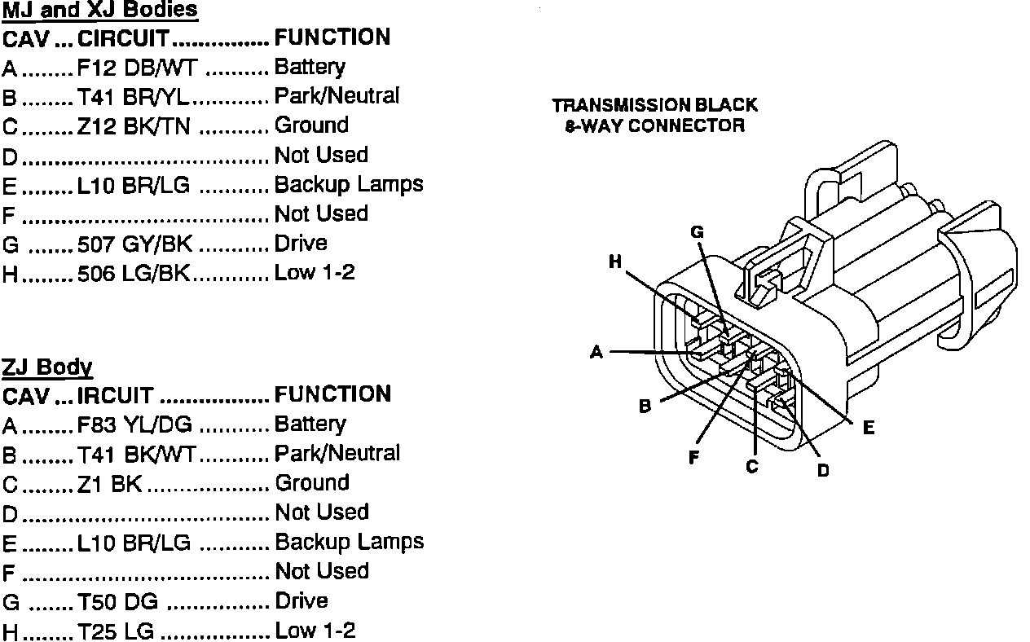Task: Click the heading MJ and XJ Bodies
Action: pyautogui.click(x=100, y=11)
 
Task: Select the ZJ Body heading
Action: pyautogui.click(x=47, y=367)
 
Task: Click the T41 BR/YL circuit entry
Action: pyautogui.click(x=133, y=97)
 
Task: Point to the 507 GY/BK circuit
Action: pyautogui.click(x=134, y=244)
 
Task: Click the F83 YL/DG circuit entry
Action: pyautogui.click(x=135, y=424)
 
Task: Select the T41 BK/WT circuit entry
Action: pyautogui.click(x=136, y=454)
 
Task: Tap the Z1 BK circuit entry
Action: pyautogui.click(x=109, y=484)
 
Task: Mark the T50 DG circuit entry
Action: pyautogui.click(x=117, y=602)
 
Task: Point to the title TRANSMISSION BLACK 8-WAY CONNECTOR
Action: pyautogui.click(x=654, y=116)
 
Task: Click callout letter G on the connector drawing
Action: pyautogui.click(x=697, y=232)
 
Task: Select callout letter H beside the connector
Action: pyautogui.click(x=615, y=262)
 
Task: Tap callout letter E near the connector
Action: pyautogui.click(x=869, y=427)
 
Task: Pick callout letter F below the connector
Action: pyautogui.click(x=693, y=458)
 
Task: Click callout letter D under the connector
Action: pyautogui.click(x=823, y=470)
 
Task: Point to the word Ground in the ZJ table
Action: pyautogui.click(x=312, y=483)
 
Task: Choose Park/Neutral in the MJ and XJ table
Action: pyautogui.click(x=337, y=96)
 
